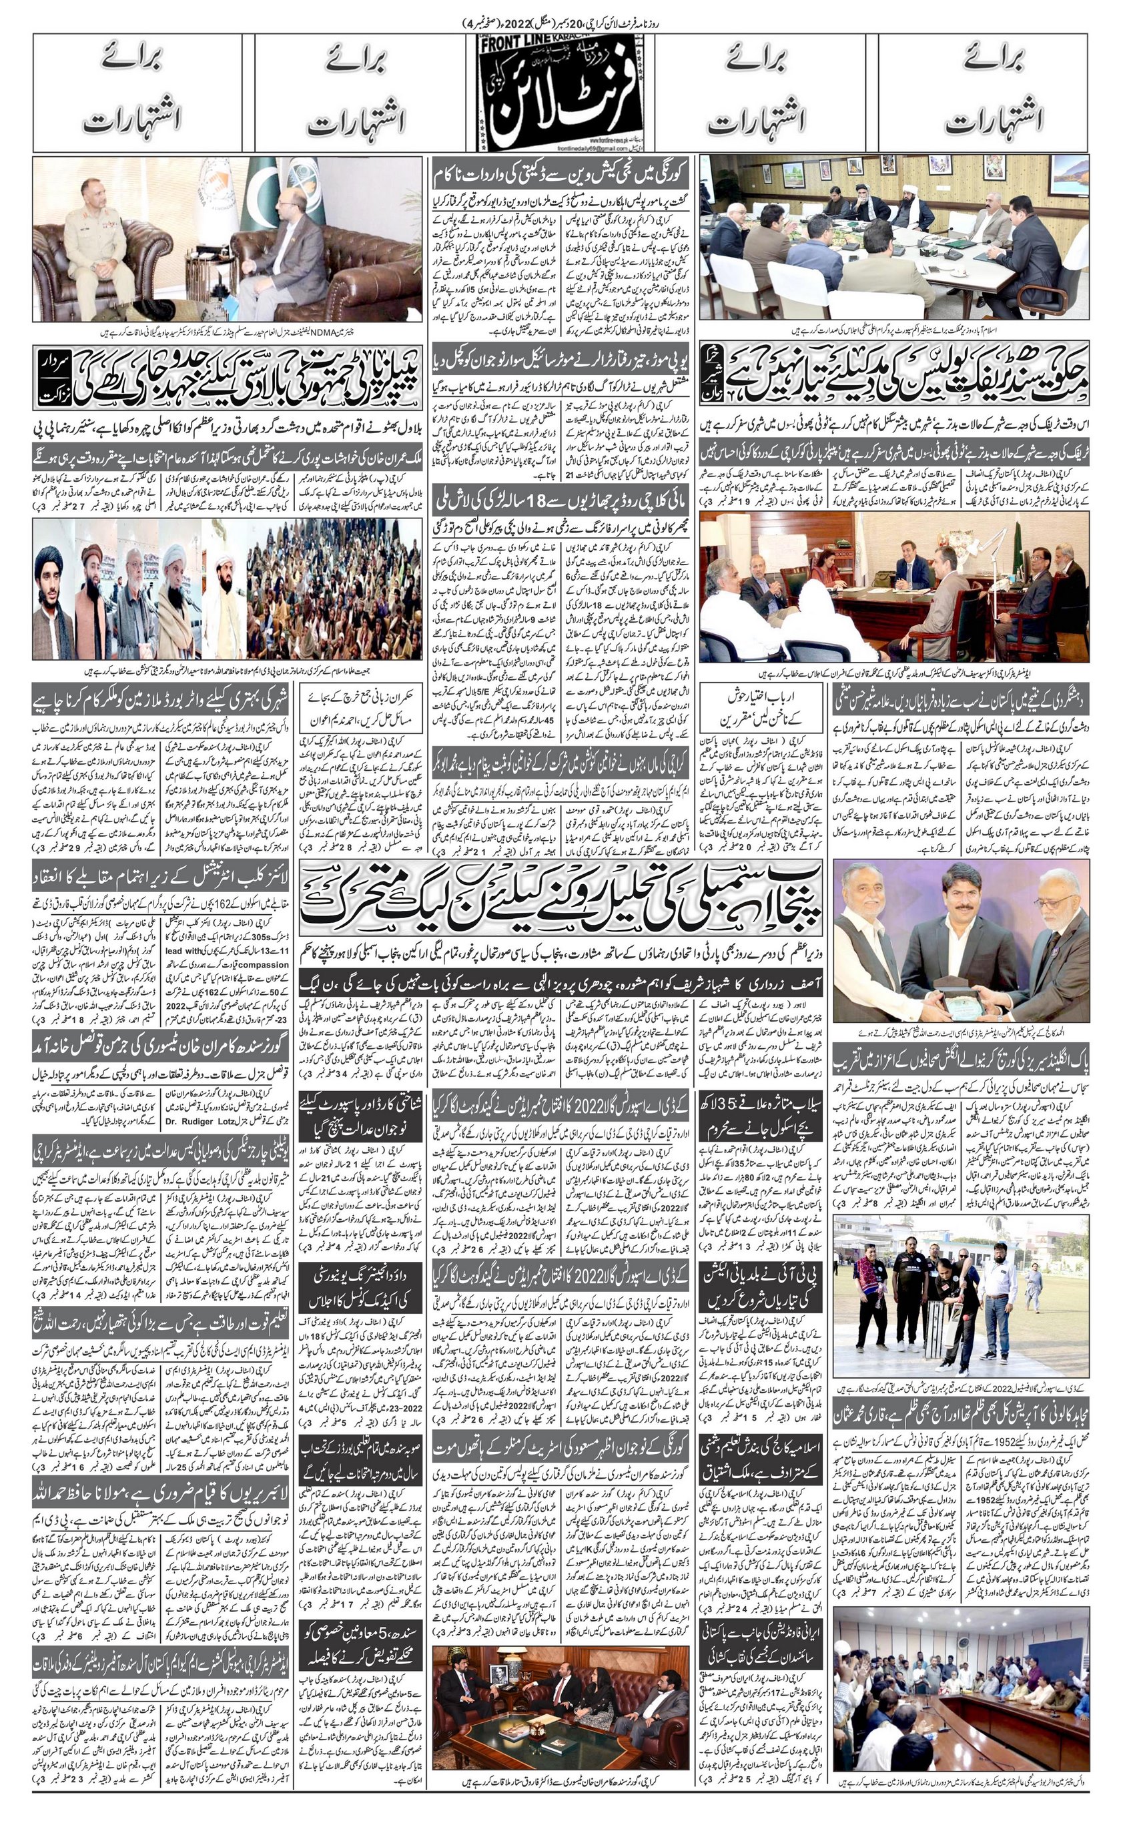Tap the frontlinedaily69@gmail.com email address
(531, 149)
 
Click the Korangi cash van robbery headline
(560, 175)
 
